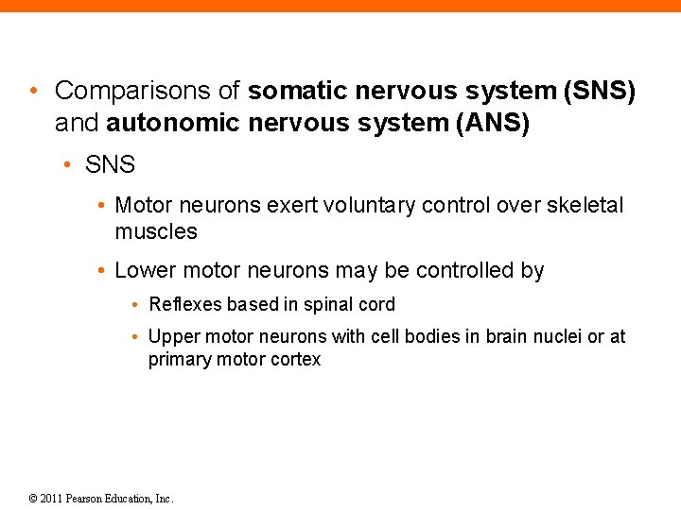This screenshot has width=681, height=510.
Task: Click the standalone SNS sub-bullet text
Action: pyautogui.click(x=111, y=165)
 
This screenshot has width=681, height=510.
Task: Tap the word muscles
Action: pyautogui.click(x=156, y=231)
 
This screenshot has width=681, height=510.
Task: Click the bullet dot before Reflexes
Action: pyautogui.click(x=136, y=306)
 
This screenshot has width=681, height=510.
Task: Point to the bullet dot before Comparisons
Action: pyautogui.click(x=35, y=92)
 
